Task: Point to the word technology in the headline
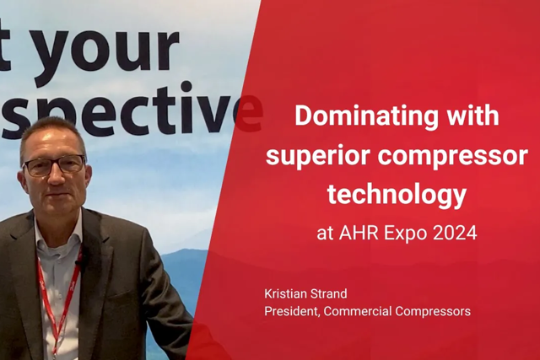point(397,195)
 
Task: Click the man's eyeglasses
point(54,165)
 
